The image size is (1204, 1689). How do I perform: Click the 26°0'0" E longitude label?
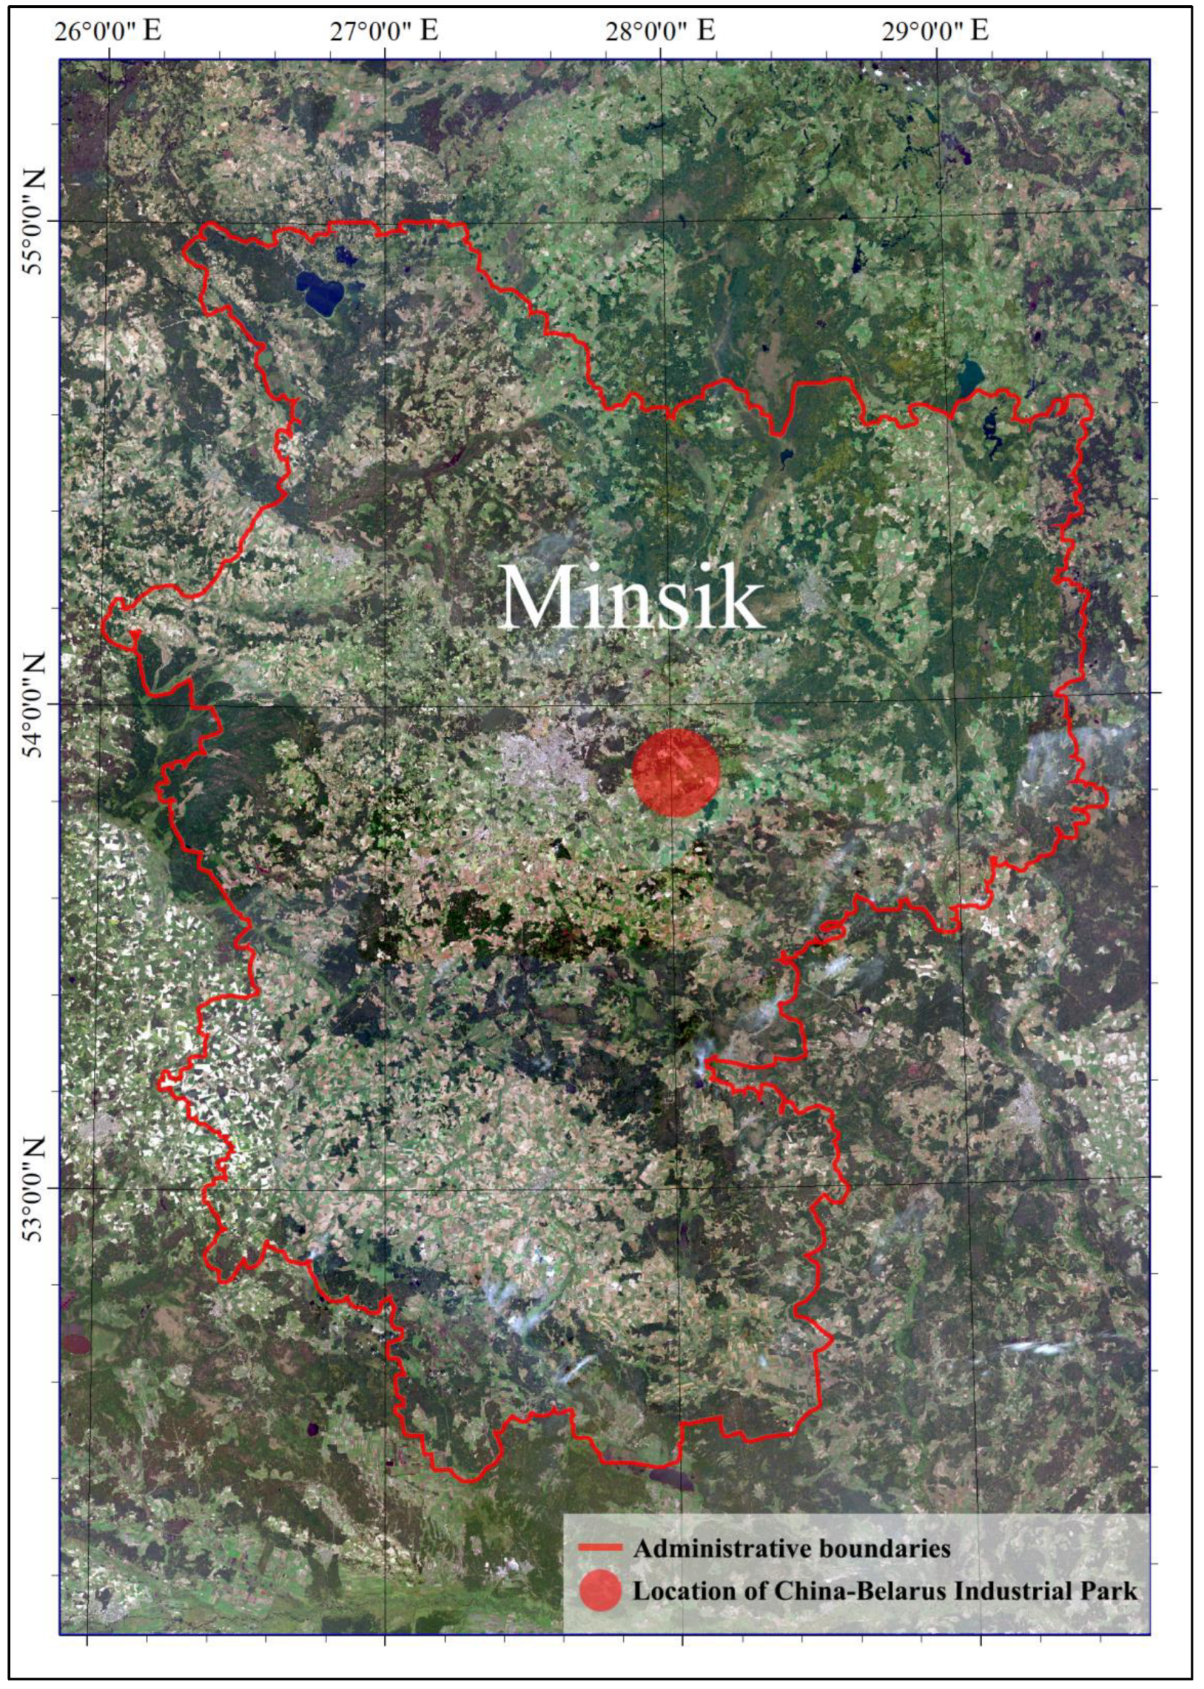(x=109, y=31)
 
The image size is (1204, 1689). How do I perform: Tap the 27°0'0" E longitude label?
(x=385, y=31)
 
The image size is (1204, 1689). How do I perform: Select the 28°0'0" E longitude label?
(x=661, y=31)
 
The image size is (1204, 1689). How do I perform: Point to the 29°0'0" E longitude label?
(x=936, y=31)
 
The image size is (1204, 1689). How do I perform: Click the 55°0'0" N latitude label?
(x=34, y=221)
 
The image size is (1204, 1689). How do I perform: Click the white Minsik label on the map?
(x=632, y=597)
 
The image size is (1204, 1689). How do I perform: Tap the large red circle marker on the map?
(x=676, y=772)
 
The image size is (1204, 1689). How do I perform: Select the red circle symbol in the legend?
(x=599, y=1590)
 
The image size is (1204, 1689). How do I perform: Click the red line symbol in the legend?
(x=599, y=1548)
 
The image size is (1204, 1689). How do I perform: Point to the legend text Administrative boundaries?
(x=792, y=1548)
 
